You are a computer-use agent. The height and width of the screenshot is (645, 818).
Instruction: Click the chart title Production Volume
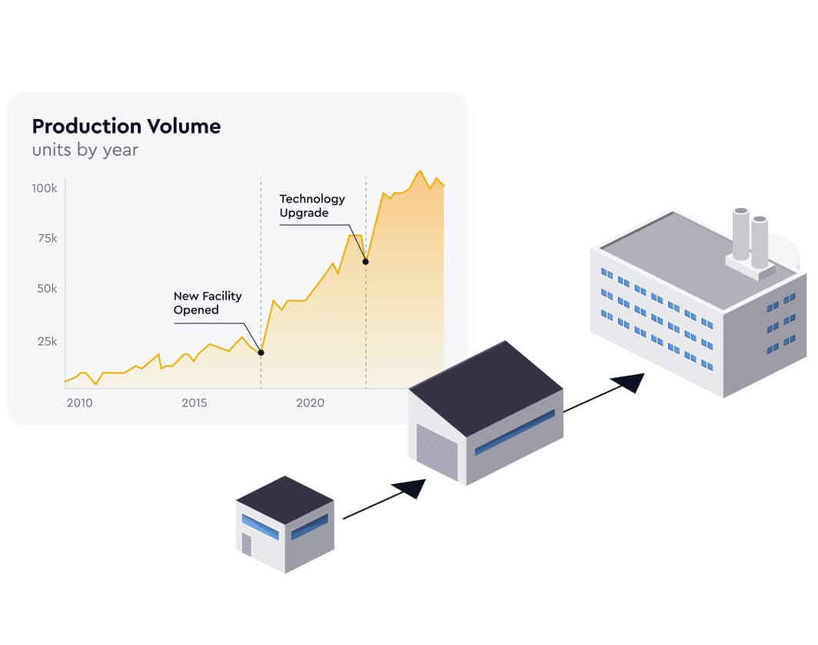click(126, 127)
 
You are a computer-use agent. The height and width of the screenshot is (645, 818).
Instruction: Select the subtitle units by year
click(85, 150)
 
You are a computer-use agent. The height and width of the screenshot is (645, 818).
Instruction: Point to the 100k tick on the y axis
click(45, 188)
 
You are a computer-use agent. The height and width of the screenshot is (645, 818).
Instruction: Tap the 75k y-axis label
click(48, 239)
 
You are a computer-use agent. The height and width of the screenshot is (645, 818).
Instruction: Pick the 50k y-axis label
click(47, 289)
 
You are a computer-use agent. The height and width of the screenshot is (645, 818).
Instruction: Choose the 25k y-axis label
click(48, 342)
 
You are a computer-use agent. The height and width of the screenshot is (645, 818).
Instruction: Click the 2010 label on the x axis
click(80, 402)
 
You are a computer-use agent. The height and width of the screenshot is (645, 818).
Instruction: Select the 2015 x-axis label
click(195, 402)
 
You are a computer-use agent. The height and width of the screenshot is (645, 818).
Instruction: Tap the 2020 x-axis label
click(311, 402)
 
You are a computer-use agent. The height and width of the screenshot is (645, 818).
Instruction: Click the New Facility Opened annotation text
click(208, 303)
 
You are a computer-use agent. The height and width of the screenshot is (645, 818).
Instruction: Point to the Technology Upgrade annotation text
click(312, 206)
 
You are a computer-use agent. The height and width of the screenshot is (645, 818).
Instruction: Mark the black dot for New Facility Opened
click(261, 352)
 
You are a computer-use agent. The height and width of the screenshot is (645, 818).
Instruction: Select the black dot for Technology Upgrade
click(366, 262)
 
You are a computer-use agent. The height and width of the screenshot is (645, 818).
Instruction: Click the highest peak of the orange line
click(420, 171)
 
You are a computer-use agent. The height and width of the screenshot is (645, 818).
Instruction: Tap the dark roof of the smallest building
click(284, 500)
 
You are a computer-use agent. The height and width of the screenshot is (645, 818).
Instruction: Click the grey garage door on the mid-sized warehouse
click(437, 452)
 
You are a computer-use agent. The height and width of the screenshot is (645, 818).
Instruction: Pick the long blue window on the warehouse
click(514, 432)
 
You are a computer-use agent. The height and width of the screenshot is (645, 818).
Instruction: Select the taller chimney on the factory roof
click(741, 234)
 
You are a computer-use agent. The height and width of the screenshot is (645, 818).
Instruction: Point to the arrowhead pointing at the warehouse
click(411, 488)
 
